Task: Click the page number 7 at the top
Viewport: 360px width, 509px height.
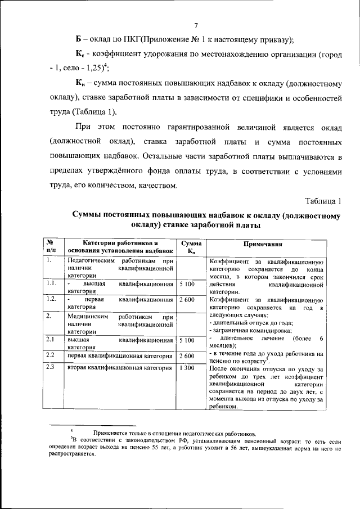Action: point(195,25)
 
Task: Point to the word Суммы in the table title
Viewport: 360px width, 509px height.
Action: point(89,215)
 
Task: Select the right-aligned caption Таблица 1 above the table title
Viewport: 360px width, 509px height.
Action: point(323,201)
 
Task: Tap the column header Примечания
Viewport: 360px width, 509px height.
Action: point(263,244)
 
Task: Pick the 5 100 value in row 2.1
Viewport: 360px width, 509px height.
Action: point(187,340)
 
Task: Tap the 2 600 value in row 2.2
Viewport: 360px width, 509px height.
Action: point(187,355)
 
